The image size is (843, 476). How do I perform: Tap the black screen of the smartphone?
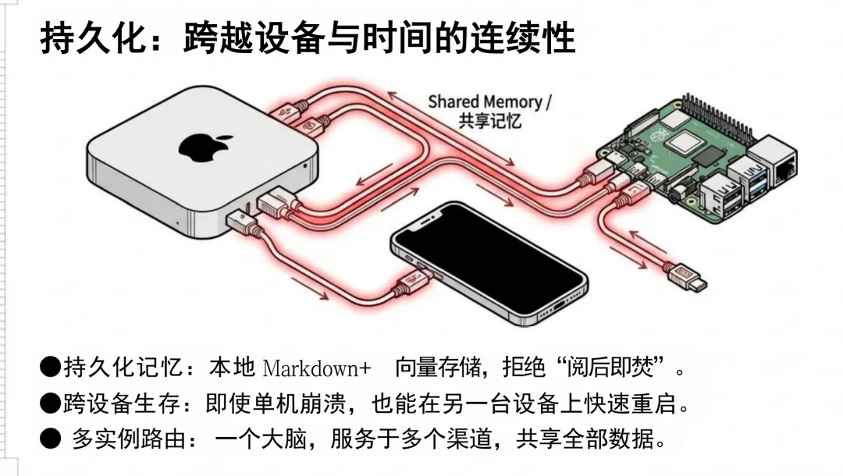(487, 262)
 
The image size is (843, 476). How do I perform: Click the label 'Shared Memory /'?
(489, 101)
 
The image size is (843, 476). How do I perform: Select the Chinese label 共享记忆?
(489, 121)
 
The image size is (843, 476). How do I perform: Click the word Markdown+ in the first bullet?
(317, 367)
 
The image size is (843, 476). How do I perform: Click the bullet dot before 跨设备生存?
(50, 403)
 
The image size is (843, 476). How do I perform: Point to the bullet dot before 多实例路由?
(50, 439)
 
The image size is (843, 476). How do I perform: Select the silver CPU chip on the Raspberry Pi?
(681, 143)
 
